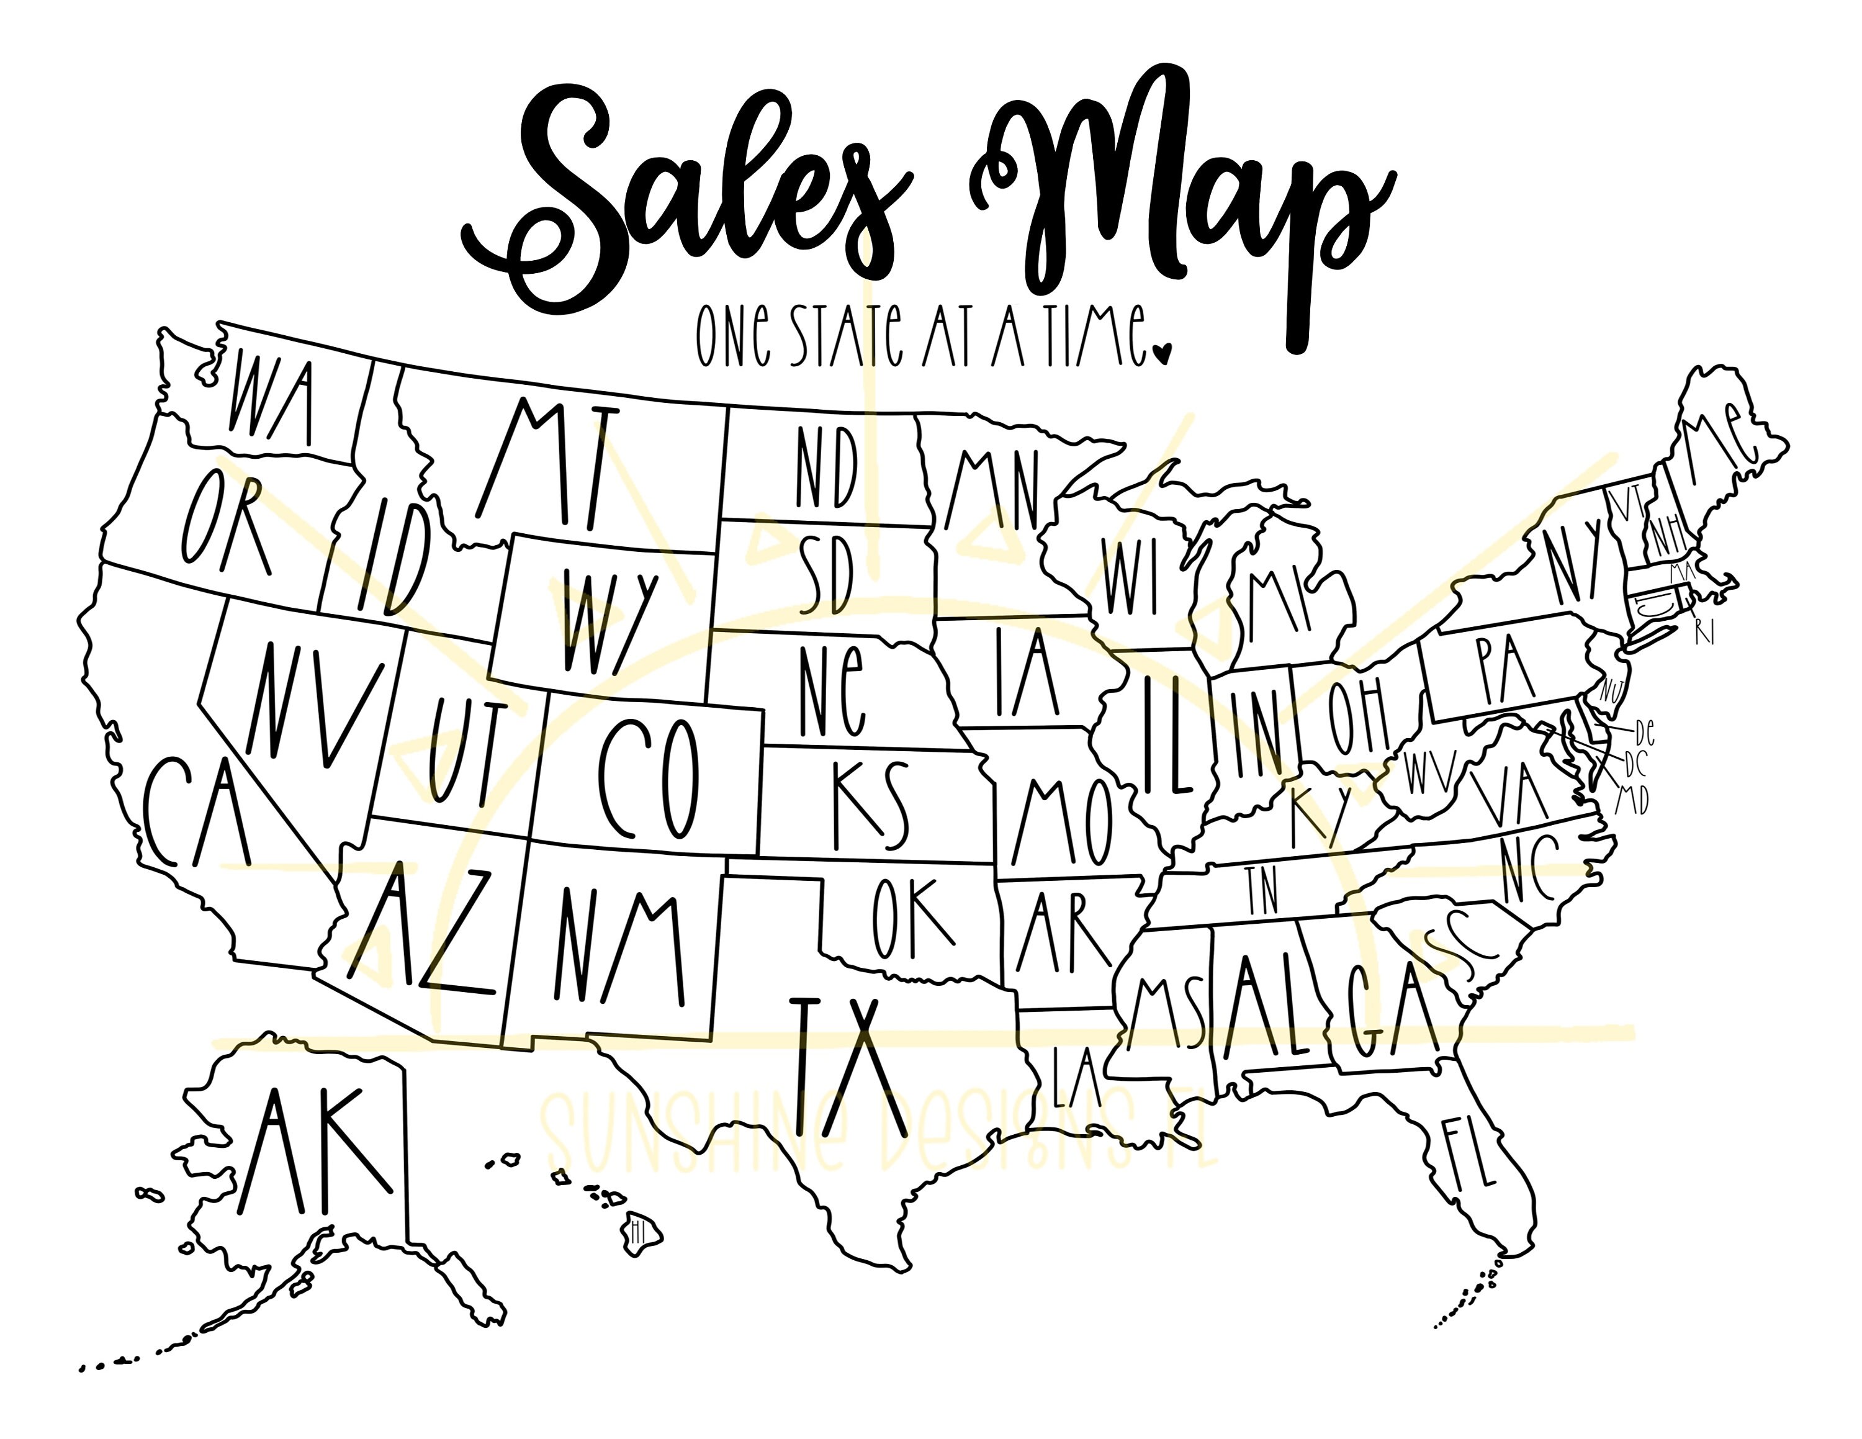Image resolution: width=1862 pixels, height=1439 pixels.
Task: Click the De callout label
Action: click(x=1645, y=731)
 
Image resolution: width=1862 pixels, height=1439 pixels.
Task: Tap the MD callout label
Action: click(x=1632, y=800)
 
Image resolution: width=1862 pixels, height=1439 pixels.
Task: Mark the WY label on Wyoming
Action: click(x=609, y=621)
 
